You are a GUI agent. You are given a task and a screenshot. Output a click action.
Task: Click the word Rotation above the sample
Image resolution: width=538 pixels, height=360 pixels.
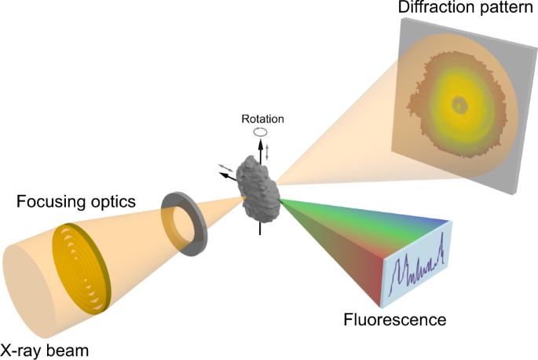(263, 119)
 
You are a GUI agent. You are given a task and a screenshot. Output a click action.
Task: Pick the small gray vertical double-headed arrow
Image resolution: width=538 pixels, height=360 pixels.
(267, 152)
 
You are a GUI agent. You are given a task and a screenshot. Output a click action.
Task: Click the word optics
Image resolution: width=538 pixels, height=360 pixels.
(115, 202)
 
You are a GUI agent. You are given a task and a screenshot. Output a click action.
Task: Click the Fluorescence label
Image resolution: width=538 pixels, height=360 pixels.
(395, 320)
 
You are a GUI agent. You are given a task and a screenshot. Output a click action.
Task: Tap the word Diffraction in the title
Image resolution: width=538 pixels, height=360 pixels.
(429, 9)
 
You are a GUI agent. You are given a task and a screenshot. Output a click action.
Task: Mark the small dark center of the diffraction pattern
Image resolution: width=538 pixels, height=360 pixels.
(459, 103)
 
